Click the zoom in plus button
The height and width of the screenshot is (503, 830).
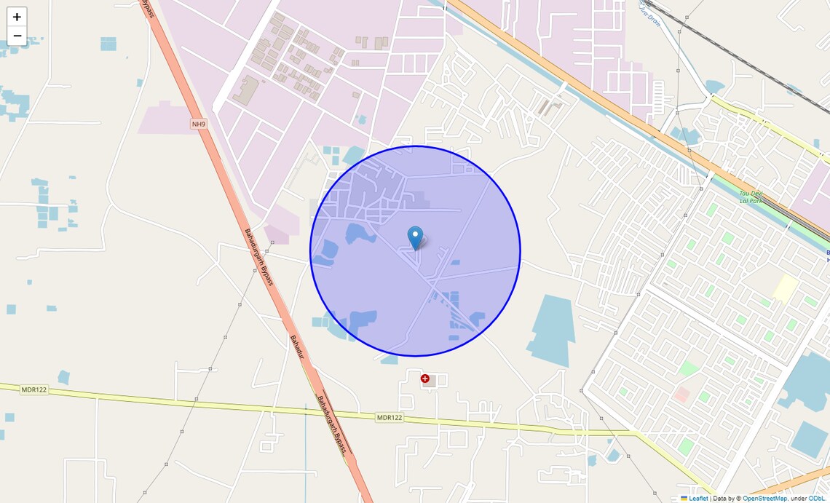(17, 17)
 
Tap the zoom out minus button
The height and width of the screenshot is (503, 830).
(17, 36)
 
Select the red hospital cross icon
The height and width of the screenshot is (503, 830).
(425, 379)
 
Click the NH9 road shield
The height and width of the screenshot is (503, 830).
(199, 124)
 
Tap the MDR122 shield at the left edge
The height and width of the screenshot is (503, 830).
(33, 389)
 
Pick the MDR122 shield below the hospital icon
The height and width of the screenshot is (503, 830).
(390, 417)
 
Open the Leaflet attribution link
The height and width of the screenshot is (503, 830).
(698, 499)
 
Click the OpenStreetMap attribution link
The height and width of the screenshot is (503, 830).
(764, 499)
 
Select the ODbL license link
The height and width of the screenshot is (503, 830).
(818, 499)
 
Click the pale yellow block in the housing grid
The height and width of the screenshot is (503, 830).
(785, 288)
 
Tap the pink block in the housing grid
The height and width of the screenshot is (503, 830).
(682, 395)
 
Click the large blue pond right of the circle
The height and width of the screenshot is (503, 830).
(552, 328)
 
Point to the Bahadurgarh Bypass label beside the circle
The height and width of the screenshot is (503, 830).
(258, 257)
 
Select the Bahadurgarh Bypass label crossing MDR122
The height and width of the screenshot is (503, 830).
(332, 427)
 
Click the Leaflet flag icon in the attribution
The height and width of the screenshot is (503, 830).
(684, 499)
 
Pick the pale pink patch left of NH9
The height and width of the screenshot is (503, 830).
(165, 119)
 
